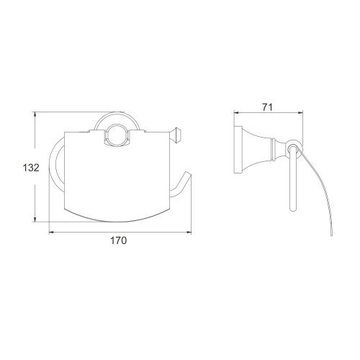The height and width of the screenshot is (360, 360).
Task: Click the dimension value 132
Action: coord(31,168)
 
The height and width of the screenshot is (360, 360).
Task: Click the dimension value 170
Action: coord(118,240)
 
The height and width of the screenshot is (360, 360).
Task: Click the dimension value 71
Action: coord(267,107)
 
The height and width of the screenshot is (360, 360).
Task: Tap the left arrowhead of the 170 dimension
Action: coord(51,232)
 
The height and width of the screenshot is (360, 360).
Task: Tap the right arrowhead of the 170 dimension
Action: coord(189,232)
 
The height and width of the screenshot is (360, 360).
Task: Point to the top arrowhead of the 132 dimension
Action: coord(35,114)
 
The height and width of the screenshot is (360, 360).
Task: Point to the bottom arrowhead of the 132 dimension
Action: coord(35,219)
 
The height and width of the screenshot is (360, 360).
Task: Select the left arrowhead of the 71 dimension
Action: coord(237,112)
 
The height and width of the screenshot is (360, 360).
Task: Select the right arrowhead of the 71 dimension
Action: coord(300,112)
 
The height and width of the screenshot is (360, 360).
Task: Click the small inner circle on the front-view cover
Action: coord(117,135)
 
